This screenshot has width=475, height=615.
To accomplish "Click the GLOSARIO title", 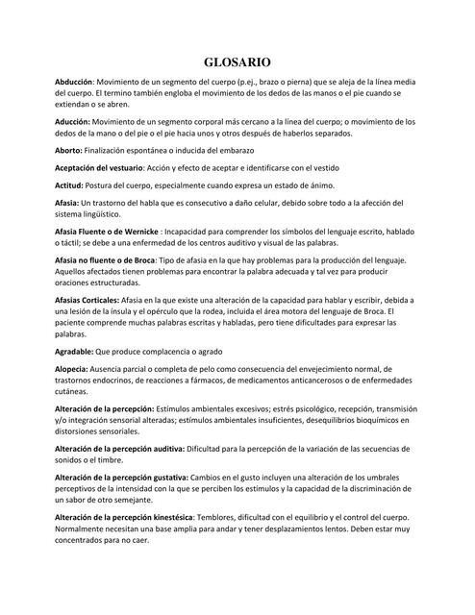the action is click(237, 61).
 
